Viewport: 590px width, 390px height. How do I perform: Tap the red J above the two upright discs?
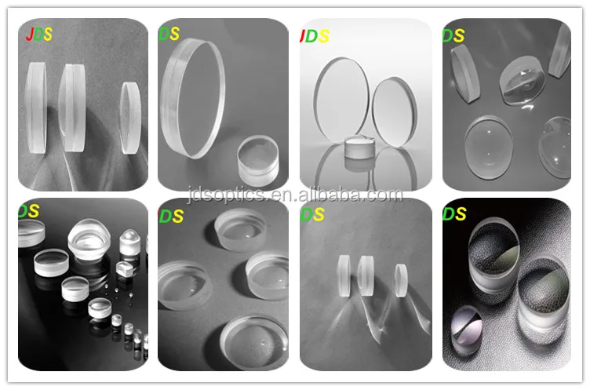tap(304, 35)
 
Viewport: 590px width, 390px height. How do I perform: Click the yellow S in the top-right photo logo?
tap(458, 35)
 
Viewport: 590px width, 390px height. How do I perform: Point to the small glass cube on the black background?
tap(123, 269)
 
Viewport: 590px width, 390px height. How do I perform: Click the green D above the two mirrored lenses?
tap(449, 213)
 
